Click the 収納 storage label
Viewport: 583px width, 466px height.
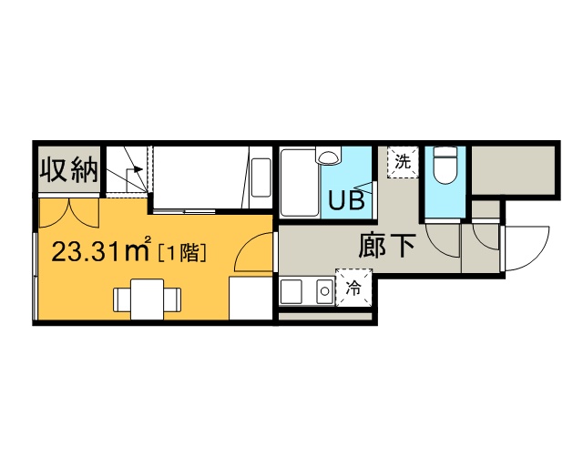click(x=69, y=170)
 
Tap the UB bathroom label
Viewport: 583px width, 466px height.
click(x=346, y=200)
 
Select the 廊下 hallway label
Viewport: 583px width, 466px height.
click(x=386, y=246)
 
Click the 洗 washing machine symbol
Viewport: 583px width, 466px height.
click(x=403, y=162)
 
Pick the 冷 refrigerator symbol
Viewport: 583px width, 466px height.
click(x=353, y=288)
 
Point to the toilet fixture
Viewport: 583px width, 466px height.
click(x=445, y=166)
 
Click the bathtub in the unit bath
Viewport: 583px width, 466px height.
click(x=300, y=182)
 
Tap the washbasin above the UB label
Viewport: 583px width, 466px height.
click(x=328, y=155)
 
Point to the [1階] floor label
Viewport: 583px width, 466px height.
click(x=182, y=253)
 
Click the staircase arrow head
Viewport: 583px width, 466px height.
click(x=138, y=169)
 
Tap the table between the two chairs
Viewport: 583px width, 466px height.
click(x=148, y=299)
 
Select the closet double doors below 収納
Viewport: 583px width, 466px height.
click(x=69, y=213)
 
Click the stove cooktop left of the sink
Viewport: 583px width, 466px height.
click(x=291, y=292)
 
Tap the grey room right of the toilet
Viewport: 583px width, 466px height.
click(x=514, y=170)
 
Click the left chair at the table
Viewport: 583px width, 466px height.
click(x=122, y=299)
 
